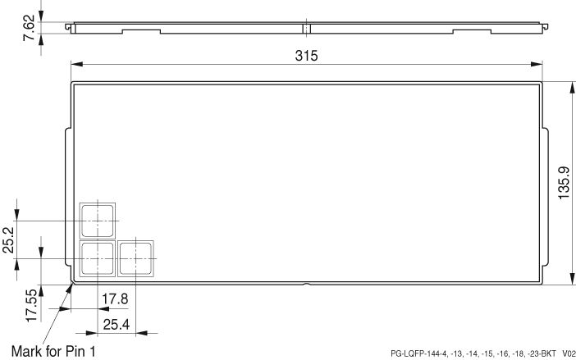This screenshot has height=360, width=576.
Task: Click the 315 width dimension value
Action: (x=306, y=55)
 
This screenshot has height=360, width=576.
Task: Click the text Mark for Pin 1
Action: (x=53, y=350)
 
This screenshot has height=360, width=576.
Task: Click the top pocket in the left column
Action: (x=98, y=220)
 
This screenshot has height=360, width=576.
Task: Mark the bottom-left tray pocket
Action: (x=98, y=258)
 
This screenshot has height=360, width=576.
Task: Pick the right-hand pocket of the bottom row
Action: (x=135, y=258)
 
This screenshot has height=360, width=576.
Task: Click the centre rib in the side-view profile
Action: (x=305, y=29)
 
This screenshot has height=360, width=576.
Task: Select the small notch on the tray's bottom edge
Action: (x=305, y=284)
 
